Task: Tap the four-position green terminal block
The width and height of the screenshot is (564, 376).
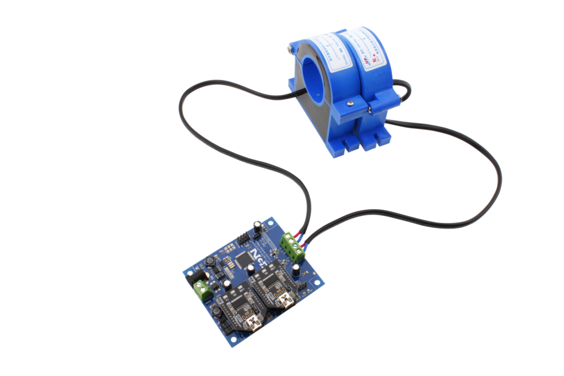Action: pyautogui.click(x=293, y=246)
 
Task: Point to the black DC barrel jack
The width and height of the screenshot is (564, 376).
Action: pyautogui.click(x=193, y=282)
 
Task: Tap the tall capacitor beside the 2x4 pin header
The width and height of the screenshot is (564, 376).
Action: pyautogui.click(x=257, y=226)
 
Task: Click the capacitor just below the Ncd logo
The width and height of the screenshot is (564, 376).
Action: pyautogui.click(x=251, y=268)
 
